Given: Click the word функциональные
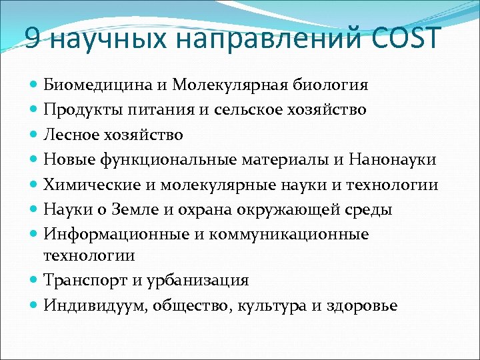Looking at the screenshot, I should (166, 160).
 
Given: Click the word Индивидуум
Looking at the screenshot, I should (97, 306).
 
